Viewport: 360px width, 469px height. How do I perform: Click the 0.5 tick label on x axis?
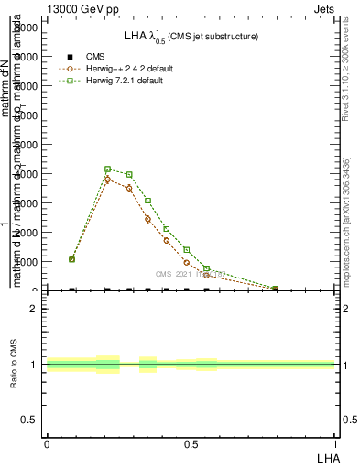[191, 443]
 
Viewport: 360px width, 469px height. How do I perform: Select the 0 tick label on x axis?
[46, 443]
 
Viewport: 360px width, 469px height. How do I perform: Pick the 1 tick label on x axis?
[335, 443]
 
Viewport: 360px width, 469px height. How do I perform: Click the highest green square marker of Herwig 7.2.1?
[108, 169]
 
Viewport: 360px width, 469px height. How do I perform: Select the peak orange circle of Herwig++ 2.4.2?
[108, 180]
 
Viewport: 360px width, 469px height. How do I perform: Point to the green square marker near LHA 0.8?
[275, 289]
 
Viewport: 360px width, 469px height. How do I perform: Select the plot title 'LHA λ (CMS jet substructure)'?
[191, 37]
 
